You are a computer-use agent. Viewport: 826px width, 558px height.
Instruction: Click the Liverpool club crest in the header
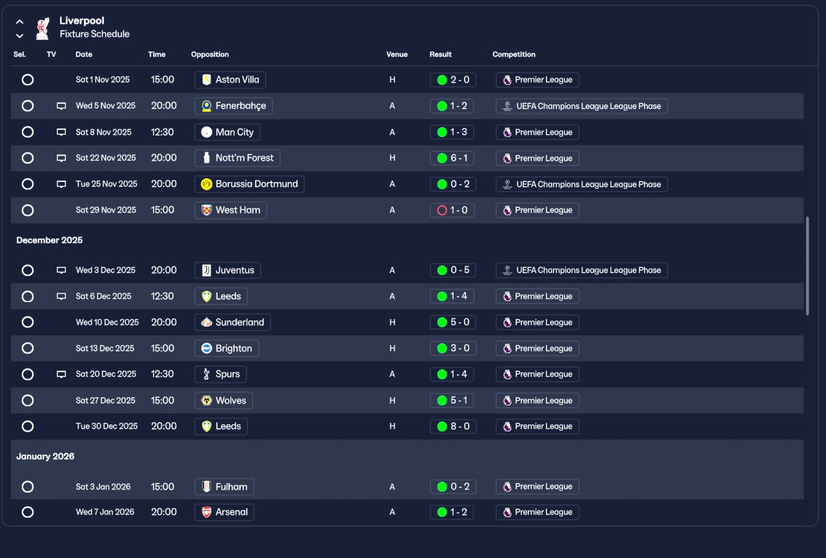43,28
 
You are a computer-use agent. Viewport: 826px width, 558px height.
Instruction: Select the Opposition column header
210,54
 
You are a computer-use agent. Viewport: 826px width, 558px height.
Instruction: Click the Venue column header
397,54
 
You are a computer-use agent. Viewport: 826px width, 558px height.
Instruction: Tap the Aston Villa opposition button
230,79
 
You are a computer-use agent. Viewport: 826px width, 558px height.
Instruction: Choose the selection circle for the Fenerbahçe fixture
28,106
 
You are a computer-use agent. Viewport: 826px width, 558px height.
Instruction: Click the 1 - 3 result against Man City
452,132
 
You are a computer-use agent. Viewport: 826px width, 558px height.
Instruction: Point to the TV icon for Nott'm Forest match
61,158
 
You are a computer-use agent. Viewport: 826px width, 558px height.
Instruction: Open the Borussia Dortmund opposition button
249,184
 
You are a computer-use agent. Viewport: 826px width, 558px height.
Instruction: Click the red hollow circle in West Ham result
442,211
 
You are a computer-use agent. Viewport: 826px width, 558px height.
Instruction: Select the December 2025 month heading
50,240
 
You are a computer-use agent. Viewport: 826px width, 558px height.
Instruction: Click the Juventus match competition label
581,270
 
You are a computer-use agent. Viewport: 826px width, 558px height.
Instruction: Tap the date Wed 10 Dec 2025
107,322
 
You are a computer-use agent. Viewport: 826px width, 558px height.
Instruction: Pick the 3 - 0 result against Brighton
453,348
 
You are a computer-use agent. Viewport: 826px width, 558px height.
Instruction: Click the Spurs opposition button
221,374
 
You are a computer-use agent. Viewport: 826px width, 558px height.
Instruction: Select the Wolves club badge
206,400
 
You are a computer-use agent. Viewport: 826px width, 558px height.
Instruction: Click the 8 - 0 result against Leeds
453,426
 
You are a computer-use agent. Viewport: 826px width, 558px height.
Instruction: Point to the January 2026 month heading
45,457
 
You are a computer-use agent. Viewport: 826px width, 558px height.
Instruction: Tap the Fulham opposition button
224,487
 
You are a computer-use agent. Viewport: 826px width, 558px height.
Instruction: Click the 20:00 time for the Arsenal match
164,512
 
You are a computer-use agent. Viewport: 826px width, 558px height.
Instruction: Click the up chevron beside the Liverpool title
19,22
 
